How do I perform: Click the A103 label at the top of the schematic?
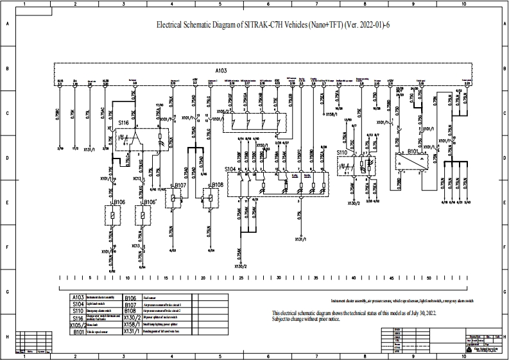click(x=221, y=69)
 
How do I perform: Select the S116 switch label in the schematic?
click(x=123, y=121)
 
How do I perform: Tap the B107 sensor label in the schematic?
click(x=180, y=185)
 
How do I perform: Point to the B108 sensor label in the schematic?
click(x=218, y=185)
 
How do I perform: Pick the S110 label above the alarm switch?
click(x=342, y=152)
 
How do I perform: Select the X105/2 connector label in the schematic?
click(x=224, y=111)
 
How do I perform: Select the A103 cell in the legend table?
click(x=78, y=297)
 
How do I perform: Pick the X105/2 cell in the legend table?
click(x=77, y=325)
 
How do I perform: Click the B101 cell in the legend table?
click(x=78, y=332)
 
